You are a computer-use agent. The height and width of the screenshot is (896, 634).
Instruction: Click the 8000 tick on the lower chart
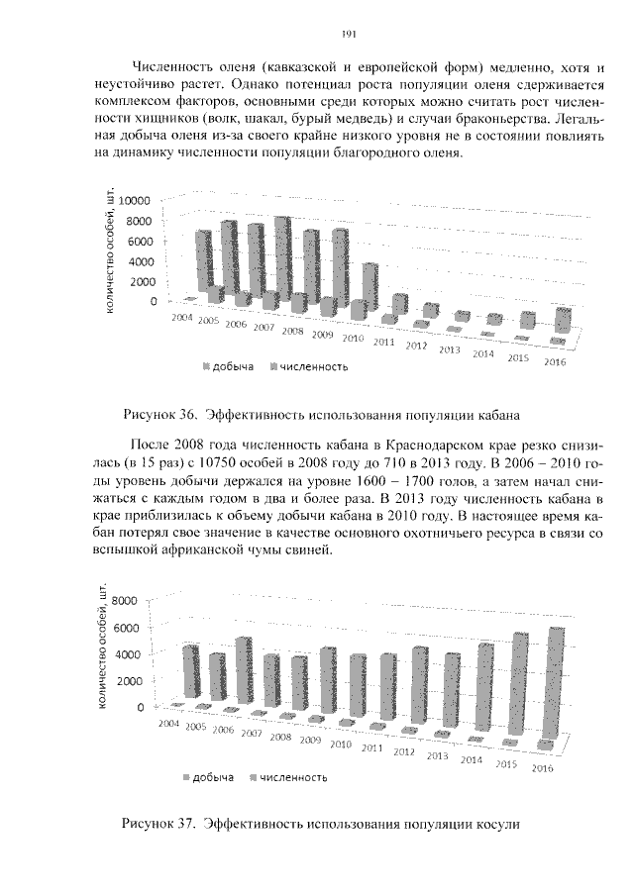[129, 601]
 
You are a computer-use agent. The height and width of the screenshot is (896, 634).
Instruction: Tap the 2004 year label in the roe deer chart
[169, 726]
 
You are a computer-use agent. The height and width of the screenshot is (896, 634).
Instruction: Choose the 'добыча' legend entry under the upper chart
[233, 366]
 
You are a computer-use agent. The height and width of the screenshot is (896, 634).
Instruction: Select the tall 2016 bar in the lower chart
[555, 683]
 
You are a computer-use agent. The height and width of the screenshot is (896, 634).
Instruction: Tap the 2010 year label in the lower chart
[342, 744]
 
